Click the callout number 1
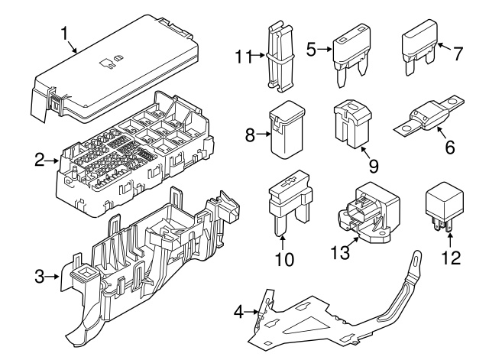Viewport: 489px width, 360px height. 64,34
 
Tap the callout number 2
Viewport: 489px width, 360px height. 40,161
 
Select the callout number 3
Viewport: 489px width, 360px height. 40,276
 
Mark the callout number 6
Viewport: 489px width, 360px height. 450,147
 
